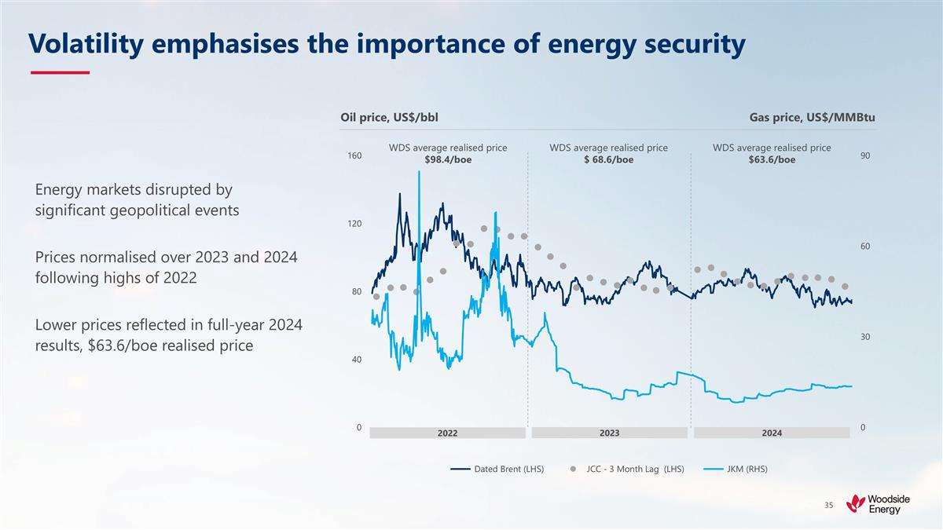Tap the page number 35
(829, 505)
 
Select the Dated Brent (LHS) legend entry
(497, 470)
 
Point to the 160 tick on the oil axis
(354, 156)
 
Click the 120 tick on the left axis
(354, 224)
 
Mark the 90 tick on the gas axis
(864, 156)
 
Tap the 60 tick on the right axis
(864, 247)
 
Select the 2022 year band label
(447, 433)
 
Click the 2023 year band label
(609, 433)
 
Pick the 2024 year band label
(772, 433)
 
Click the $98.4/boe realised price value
(448, 160)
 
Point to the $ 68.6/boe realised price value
(608, 160)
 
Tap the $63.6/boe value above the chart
(772, 160)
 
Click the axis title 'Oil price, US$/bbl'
(389, 118)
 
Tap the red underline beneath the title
(60, 73)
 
